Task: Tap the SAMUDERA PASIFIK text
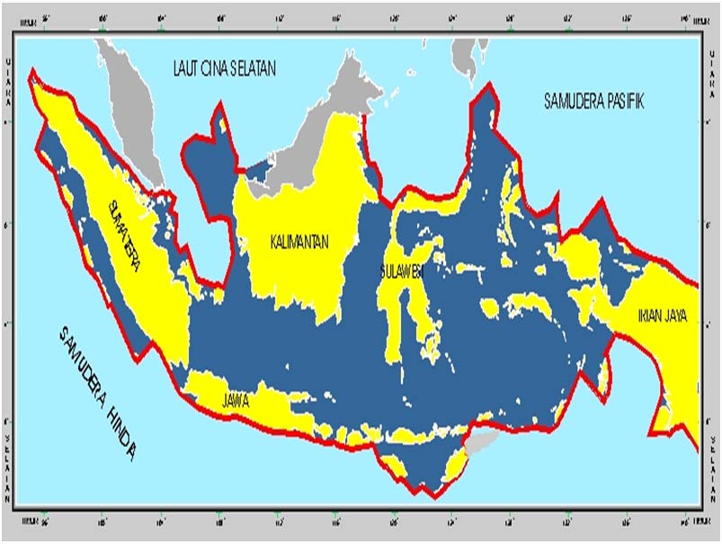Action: (x=594, y=101)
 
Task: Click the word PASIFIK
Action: (x=623, y=101)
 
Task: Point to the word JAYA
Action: (x=679, y=316)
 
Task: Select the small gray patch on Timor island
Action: (x=483, y=441)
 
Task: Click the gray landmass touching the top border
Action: (x=464, y=54)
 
